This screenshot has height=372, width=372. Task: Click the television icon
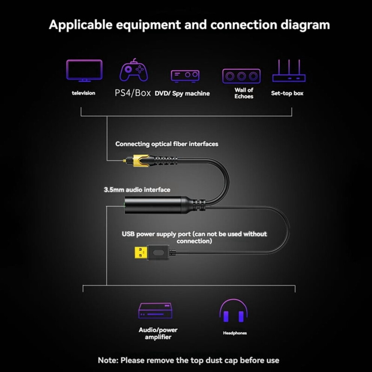click(x=85, y=71)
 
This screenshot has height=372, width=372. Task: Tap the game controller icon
click(x=134, y=70)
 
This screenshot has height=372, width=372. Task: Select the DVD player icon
click(x=185, y=76)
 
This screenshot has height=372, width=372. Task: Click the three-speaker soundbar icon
click(x=241, y=76)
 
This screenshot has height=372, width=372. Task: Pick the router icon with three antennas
click(x=289, y=71)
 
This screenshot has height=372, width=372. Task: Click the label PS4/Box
click(x=133, y=93)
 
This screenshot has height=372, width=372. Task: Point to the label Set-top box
click(x=287, y=93)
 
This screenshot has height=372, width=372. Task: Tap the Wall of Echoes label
click(x=244, y=93)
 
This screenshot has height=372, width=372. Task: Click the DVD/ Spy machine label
click(x=182, y=94)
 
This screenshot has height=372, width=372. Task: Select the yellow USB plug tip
click(x=141, y=253)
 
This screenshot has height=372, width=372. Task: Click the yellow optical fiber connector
click(x=140, y=160)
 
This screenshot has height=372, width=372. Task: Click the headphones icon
click(x=234, y=311)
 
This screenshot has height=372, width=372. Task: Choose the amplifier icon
click(x=156, y=311)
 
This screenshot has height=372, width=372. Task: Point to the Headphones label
click(x=235, y=333)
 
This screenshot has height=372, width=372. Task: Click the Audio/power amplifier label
click(x=158, y=333)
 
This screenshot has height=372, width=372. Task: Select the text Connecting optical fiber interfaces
click(x=167, y=144)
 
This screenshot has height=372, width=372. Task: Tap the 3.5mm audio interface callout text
click(x=137, y=190)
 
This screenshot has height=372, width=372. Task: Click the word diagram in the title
click(x=305, y=25)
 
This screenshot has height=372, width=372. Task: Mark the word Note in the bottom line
click(x=108, y=360)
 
